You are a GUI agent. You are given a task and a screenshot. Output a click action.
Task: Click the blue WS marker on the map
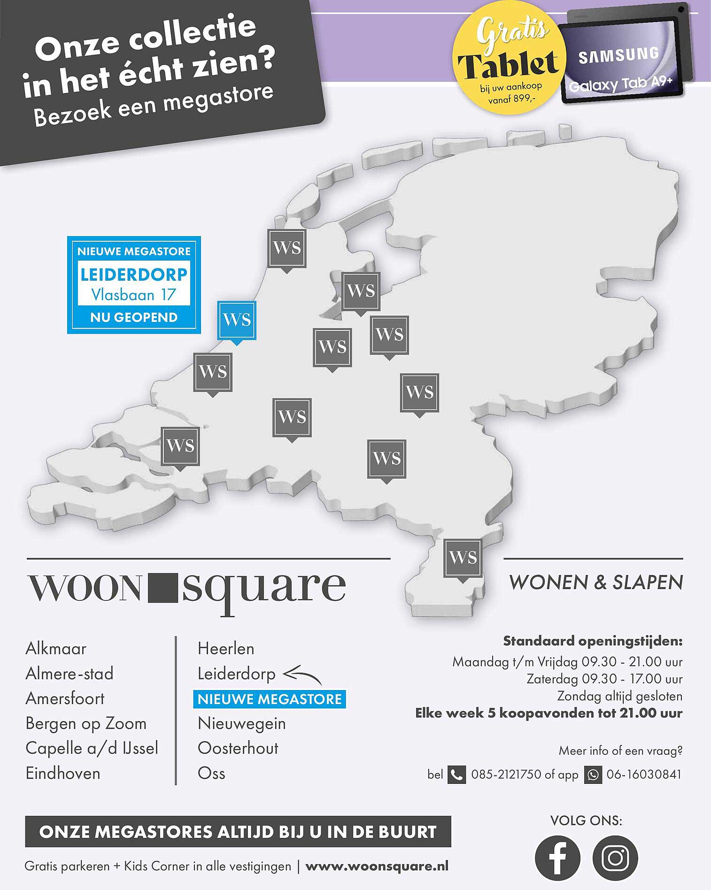click(x=237, y=321)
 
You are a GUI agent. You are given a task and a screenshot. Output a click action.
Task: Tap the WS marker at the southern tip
click(x=463, y=558)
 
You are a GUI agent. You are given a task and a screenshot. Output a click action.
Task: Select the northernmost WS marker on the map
click(x=286, y=248)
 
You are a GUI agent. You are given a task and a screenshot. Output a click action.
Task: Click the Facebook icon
click(x=557, y=858)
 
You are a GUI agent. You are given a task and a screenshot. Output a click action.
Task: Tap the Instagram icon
click(x=615, y=858)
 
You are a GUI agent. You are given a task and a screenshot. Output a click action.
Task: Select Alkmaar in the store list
click(x=56, y=649)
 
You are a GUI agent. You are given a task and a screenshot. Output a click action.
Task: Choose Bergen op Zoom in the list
click(x=86, y=723)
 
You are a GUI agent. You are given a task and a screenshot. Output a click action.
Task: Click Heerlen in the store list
click(x=226, y=649)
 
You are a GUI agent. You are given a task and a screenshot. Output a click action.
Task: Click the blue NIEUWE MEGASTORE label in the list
click(x=270, y=699)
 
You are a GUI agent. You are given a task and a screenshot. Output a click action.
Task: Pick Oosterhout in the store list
click(x=238, y=748)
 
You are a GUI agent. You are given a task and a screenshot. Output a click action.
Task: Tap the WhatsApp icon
click(x=593, y=775)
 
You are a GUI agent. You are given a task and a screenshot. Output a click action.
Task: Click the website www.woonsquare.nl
click(x=377, y=866)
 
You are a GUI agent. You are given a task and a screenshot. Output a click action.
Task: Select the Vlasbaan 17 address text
click(x=134, y=295)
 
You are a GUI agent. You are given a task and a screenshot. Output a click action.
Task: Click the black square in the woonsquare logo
click(x=162, y=588)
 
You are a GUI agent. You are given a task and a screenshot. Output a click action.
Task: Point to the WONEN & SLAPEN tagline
click(x=596, y=583)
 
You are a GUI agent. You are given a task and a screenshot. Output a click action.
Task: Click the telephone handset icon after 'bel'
click(x=456, y=775)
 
